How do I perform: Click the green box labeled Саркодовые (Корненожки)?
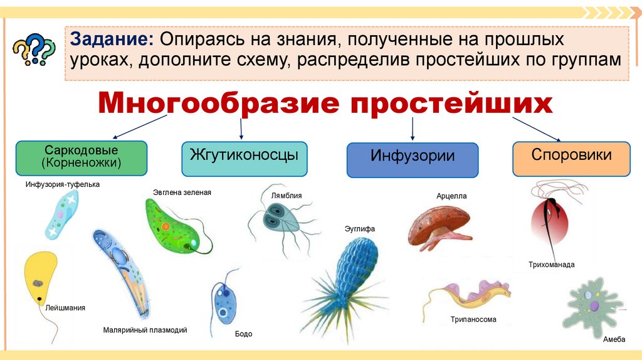[x=82, y=157]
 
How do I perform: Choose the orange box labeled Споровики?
[x=571, y=158]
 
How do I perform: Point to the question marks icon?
[x=34, y=48]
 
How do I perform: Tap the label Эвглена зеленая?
[x=182, y=193]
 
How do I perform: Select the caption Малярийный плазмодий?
[x=145, y=330]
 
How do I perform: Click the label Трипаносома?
[x=473, y=319]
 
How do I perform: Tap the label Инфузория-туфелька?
[x=63, y=184]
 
